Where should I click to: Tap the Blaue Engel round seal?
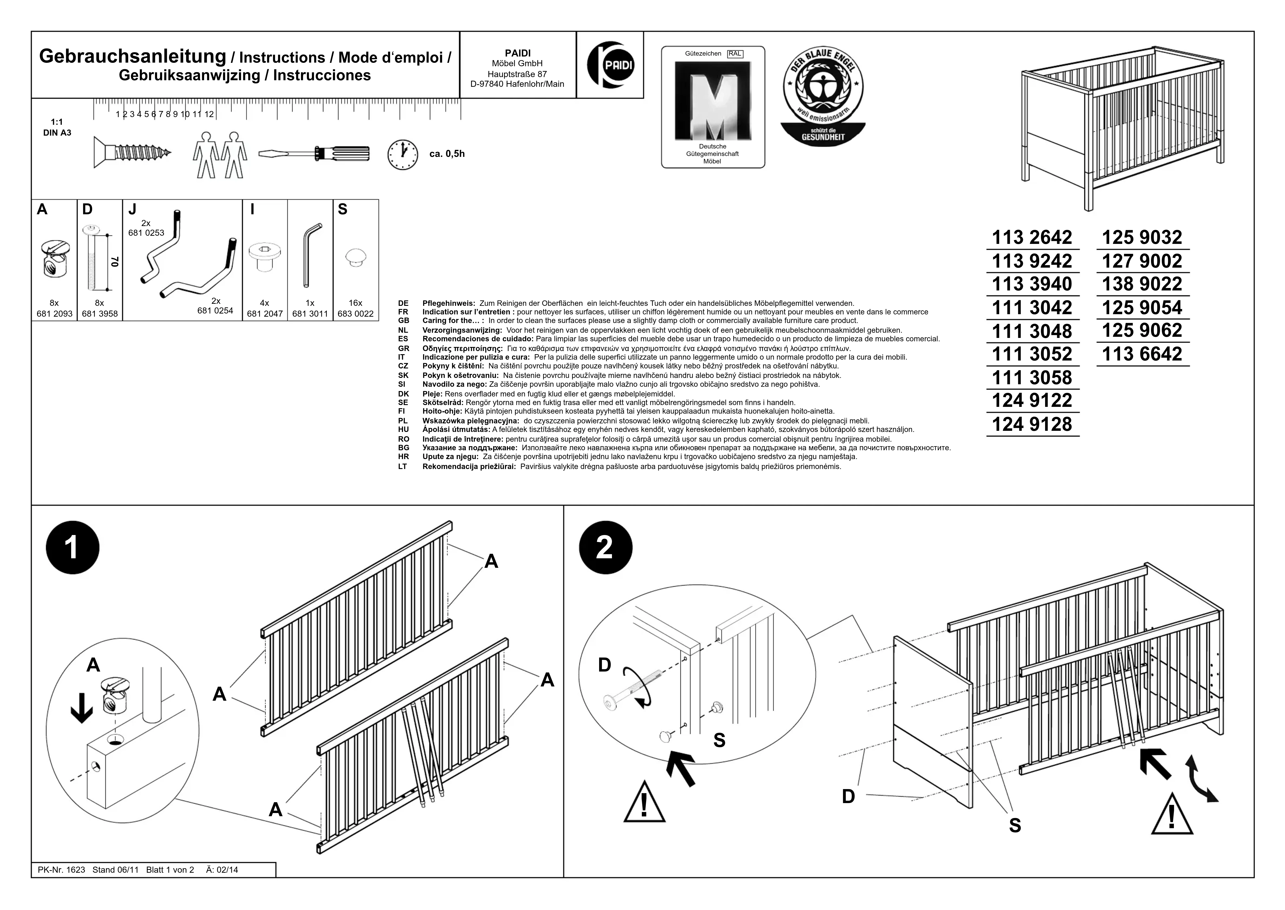pyautogui.click(x=823, y=95)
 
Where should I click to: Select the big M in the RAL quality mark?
pyautogui.click(x=713, y=101)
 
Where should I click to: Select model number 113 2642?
pyautogui.click(x=1032, y=238)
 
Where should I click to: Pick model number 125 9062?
pyautogui.click(x=1142, y=331)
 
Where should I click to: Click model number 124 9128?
pyautogui.click(x=1032, y=424)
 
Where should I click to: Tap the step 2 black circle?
pyautogui.click(x=605, y=547)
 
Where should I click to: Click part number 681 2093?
pyautogui.click(x=54, y=314)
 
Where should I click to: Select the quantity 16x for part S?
pyautogui.click(x=356, y=303)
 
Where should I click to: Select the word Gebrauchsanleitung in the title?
pyautogui.click(x=132, y=57)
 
